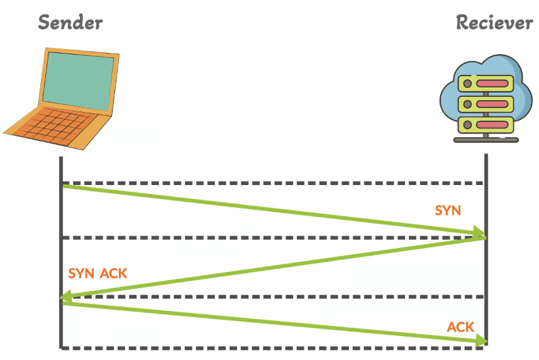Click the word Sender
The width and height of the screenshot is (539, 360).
click(x=70, y=23)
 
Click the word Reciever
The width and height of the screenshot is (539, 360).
click(x=494, y=23)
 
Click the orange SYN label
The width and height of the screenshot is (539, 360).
click(x=448, y=210)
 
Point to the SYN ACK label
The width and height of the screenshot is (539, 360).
click(x=97, y=273)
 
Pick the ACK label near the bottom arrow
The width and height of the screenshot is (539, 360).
click(x=460, y=327)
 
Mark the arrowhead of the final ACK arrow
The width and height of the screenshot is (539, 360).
click(x=482, y=341)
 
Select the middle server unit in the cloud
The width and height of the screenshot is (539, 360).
click(x=485, y=103)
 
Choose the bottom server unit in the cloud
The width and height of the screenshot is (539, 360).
click(x=485, y=123)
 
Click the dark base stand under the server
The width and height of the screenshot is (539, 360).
click(x=486, y=140)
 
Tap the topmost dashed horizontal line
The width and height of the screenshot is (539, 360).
click(x=270, y=183)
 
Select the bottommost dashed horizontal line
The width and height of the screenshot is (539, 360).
click(x=270, y=347)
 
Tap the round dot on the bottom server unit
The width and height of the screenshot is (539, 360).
click(x=467, y=124)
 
